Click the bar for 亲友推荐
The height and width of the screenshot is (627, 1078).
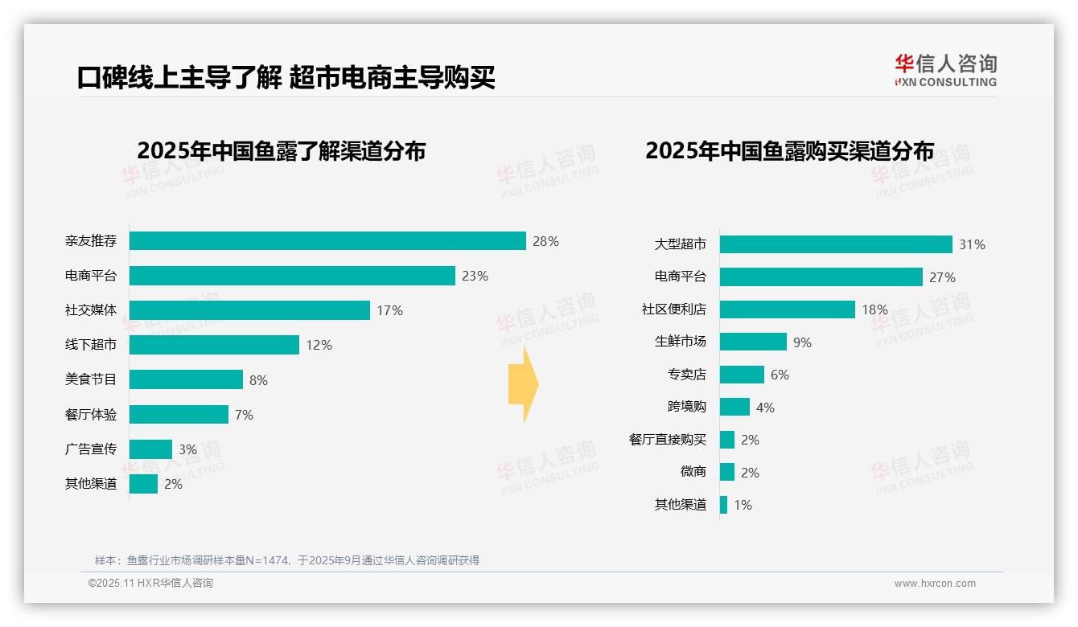coord(327,241)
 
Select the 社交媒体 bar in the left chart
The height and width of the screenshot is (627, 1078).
coord(249,310)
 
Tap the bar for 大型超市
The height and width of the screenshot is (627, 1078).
coord(836,244)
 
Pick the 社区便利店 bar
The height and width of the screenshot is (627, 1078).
coord(787,309)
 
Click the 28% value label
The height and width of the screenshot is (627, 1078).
coord(545,241)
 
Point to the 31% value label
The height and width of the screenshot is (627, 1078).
coord(972,244)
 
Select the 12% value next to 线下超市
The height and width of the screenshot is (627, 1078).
coord(319,346)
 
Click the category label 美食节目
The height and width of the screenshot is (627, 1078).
coord(91,379)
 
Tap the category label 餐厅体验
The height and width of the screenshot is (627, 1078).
coord(91,415)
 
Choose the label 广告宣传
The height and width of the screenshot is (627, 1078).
coord(91,449)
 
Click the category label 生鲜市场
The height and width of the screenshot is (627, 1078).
coord(680,342)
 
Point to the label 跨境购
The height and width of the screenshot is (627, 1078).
coord(686,407)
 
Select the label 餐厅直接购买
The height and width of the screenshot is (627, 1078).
coord(667,440)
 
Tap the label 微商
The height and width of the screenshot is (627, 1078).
coord(693,472)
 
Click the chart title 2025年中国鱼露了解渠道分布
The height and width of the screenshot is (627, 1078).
coord(281,151)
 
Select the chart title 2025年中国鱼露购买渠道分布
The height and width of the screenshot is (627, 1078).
coord(789,151)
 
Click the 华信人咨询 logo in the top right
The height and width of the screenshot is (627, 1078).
coord(945,70)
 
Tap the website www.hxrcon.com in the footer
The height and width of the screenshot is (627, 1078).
coord(935,584)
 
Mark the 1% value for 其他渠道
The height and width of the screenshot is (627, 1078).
coord(743,506)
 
